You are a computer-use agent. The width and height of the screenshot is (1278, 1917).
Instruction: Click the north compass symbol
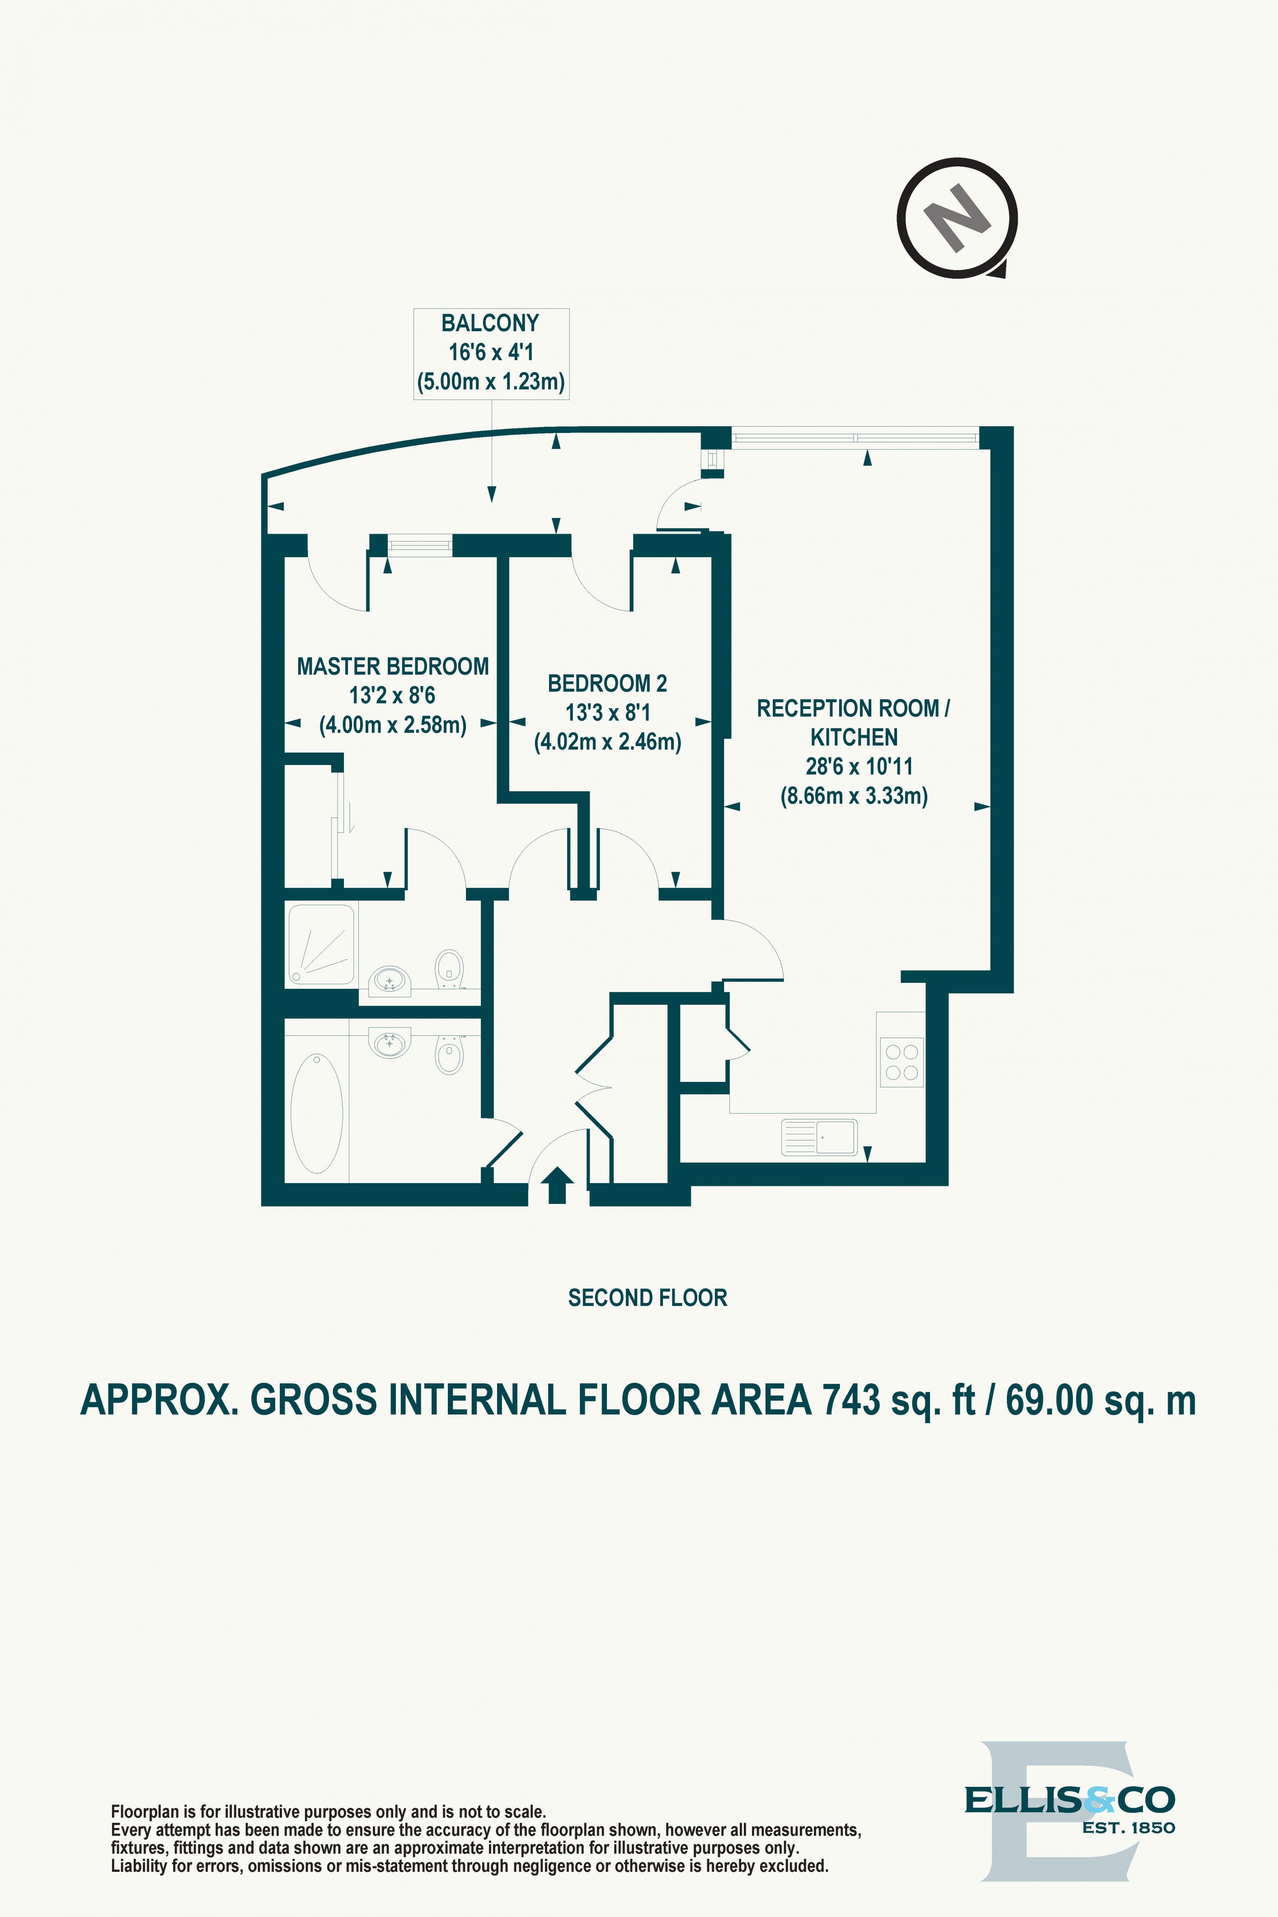point(957,218)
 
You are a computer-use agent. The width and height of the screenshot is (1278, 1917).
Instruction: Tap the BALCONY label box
point(491,353)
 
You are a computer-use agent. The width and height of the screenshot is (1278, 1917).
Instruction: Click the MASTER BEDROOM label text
point(392,667)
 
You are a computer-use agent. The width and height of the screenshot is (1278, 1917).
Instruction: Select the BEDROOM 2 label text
point(607,683)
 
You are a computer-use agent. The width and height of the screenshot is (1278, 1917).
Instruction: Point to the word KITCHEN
point(853,738)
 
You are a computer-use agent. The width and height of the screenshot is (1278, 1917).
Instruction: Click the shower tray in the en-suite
point(321,944)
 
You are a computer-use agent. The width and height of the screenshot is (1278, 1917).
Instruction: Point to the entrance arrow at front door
point(558,1185)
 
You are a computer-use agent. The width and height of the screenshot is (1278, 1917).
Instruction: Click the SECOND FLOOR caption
point(647,1297)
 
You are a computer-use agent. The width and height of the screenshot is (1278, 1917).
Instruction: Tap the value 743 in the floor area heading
point(851,1401)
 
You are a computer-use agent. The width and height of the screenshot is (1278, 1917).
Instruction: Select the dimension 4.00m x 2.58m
point(392,724)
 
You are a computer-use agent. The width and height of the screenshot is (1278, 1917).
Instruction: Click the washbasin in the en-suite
point(390,982)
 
